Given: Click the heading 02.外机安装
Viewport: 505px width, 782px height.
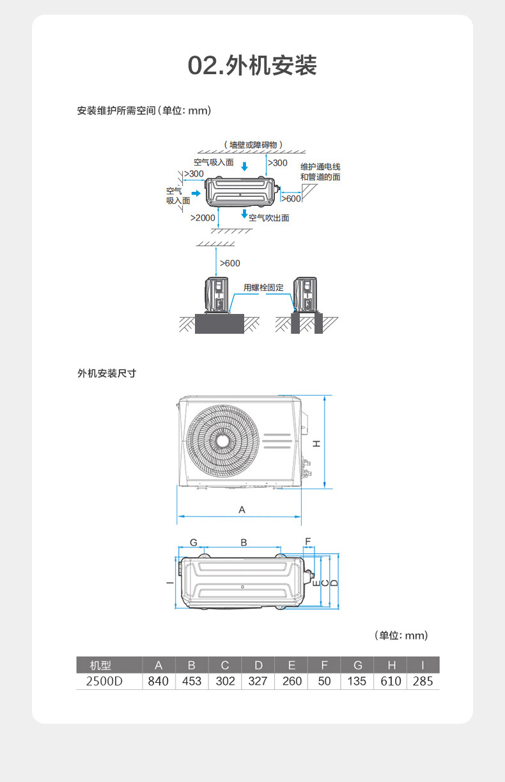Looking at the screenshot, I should pos(252,66).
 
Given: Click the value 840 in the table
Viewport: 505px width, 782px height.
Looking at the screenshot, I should pos(158,681).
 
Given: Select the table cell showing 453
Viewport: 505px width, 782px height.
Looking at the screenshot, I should pos(192,681).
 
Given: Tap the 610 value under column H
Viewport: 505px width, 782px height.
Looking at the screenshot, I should pos(391,681).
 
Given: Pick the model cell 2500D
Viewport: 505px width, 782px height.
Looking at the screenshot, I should pos(104,681).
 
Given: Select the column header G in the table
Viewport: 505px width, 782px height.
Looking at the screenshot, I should pos(357,665).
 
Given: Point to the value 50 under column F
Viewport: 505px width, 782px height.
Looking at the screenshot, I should pos(324,681).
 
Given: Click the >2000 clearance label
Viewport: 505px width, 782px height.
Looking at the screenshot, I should pos(203,218).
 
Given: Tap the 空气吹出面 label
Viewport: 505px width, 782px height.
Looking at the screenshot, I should pos(268,218).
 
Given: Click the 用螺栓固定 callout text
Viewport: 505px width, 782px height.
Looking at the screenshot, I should pos(263,288).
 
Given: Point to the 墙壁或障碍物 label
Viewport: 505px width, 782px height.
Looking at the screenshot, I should pos(253,145).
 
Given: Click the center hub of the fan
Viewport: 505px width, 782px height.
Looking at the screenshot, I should pos(222,441).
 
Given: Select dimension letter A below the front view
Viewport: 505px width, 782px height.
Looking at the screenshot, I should pos(242,510).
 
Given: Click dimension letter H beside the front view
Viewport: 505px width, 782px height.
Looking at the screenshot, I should pos(317,442).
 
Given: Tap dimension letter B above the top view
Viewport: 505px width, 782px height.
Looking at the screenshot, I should pos(244,542).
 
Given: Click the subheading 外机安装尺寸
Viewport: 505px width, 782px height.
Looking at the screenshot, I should pos(107,373).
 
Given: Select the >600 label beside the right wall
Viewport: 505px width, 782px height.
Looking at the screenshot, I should pos(291,199).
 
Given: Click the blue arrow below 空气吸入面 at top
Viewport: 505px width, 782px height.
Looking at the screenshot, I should pos(245,168).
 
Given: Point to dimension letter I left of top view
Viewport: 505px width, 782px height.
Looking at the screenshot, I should pos(169,583).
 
